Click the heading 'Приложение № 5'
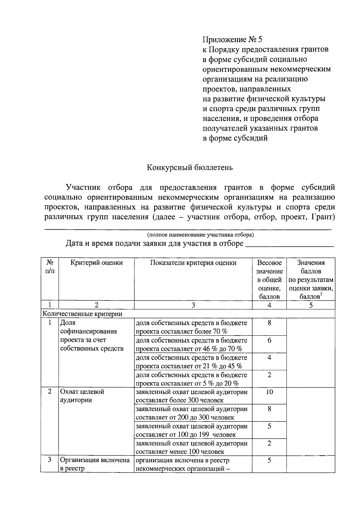coord(232,40)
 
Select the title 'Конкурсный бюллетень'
coord(190,167)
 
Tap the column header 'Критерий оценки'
coord(97,263)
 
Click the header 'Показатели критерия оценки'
coord(193,263)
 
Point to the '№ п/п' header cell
coord(50,267)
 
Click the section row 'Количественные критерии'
coord(82,314)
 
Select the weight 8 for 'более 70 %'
coord(269,323)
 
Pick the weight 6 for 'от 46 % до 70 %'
coord(269,340)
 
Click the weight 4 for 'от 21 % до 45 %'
coord(269,357)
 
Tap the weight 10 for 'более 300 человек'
coord(269,392)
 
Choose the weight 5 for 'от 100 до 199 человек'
coord(269,426)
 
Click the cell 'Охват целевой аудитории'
coord(82,396)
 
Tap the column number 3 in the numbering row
coord(193,305)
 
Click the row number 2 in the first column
coord(50,391)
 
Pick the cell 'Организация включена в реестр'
coord(94,464)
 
